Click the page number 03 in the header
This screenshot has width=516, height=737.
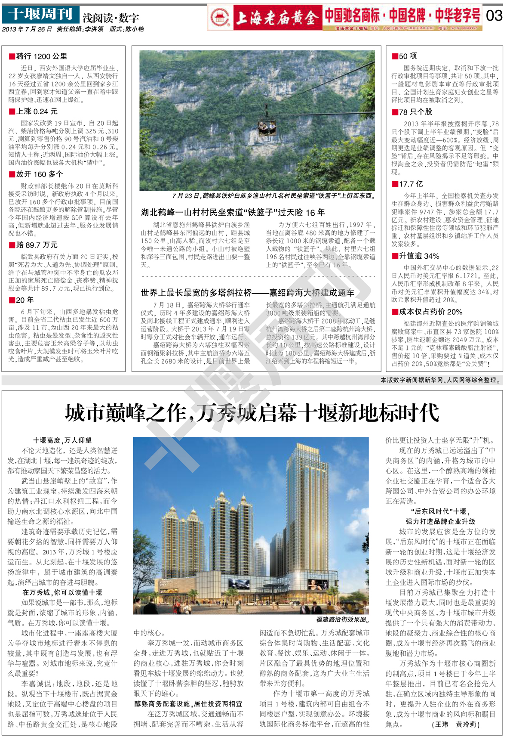point(494,16)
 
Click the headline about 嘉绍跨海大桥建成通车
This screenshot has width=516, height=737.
point(247,293)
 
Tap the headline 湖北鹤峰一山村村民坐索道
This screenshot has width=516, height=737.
point(233,212)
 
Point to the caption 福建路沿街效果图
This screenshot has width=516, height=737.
point(343,619)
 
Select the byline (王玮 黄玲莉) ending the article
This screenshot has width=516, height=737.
point(455,725)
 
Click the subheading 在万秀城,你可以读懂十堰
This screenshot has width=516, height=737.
point(62,592)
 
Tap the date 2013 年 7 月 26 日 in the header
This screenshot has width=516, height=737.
point(27,29)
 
